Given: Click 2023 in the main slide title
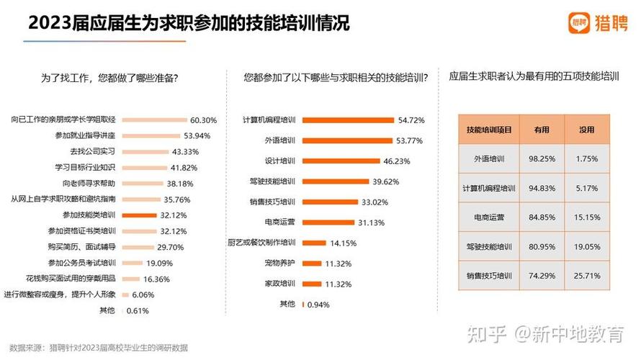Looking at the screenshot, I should click(x=49, y=23).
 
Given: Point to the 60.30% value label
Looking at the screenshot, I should click(x=203, y=120).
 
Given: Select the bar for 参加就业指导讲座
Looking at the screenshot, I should click(x=150, y=135).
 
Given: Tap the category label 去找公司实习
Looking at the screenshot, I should click(x=93, y=151).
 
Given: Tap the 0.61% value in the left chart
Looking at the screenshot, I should click(x=137, y=310).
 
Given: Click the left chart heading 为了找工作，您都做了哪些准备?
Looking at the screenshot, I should click(x=109, y=77).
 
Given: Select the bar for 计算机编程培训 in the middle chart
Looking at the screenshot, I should click(x=348, y=120).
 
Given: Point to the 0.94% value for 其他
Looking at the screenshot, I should click(x=318, y=305).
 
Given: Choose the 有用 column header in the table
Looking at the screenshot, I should click(x=541, y=130).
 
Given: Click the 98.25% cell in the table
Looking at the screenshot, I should click(x=541, y=158).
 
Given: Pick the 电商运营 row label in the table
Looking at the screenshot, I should click(x=489, y=217).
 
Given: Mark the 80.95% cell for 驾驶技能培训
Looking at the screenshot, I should click(x=541, y=246).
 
